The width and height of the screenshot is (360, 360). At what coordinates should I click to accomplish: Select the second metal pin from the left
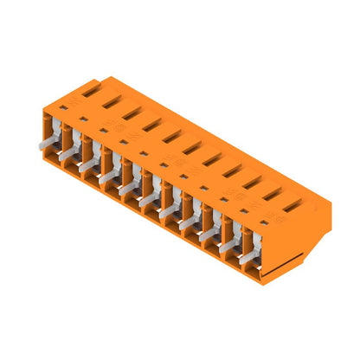pos(67,155)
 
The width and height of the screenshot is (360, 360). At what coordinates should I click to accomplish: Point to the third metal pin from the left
pos(87,166)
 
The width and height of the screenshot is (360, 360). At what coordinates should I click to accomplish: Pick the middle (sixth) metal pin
pos(146,200)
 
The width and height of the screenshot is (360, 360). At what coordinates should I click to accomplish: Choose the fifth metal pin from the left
pos(126,189)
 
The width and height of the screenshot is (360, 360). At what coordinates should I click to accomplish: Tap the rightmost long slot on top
pos(292,204)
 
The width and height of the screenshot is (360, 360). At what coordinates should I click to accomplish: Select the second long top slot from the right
pos(272,193)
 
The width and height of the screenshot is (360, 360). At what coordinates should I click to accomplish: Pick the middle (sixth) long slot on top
pos(191,146)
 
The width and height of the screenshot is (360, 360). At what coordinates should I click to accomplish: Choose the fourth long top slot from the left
pos(151,123)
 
